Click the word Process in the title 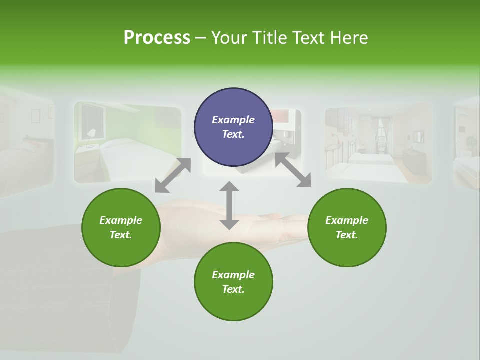pyautogui.click(x=157, y=38)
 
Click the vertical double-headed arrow pyautogui.click(x=229, y=205)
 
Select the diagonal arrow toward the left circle pyautogui.click(x=173, y=175)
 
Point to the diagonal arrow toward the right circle pyautogui.click(x=293, y=170)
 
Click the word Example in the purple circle pyautogui.click(x=233, y=120)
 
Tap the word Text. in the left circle pyautogui.click(x=121, y=235)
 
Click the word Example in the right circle pyautogui.click(x=347, y=220)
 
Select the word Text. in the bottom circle pyautogui.click(x=233, y=289)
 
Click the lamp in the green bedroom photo pyautogui.click(x=91, y=134)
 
